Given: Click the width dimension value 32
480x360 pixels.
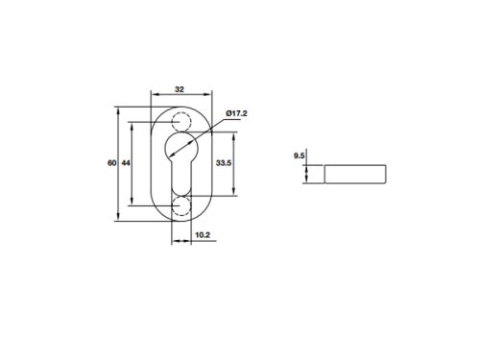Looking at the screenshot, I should click(x=180, y=87).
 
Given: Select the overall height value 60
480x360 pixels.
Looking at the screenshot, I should click(x=111, y=163).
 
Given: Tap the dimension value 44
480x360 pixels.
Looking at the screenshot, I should click(x=126, y=163).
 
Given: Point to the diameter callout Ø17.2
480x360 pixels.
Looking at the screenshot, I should click(x=236, y=114).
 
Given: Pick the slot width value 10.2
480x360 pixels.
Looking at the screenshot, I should click(x=203, y=234).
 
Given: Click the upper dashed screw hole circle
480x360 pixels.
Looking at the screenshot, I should click(x=180, y=120).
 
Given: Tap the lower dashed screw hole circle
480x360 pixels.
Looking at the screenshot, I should click(x=180, y=206).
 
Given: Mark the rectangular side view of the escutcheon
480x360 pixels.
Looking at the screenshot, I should click(x=355, y=174).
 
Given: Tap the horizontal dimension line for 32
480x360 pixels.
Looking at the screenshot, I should click(x=180, y=95).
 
